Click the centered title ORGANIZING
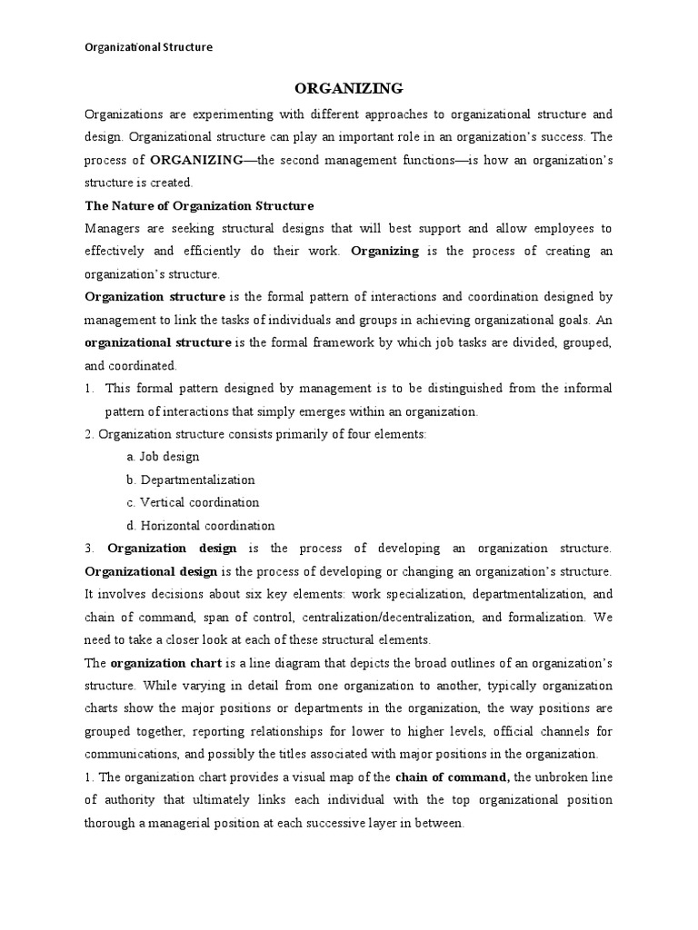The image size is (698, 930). point(348,88)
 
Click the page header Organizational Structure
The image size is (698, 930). point(148,47)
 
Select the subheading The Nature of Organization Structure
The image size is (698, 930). point(199,205)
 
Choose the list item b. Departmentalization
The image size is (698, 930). point(191,480)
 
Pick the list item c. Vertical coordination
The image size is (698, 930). point(193,502)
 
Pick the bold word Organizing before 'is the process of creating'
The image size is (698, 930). point(384,251)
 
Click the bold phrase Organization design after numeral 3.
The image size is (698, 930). point(173,548)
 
